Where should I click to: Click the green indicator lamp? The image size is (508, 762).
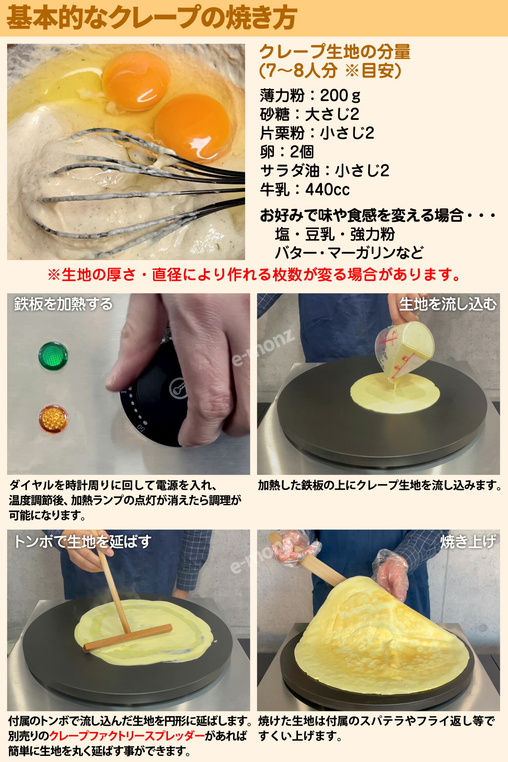tap(53, 356)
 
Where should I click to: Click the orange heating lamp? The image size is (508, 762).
tap(53, 419)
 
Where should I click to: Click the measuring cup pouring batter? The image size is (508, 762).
tap(405, 349)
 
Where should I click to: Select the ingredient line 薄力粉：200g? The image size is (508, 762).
tap(310, 96)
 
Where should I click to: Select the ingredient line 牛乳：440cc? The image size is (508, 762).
tap(305, 189)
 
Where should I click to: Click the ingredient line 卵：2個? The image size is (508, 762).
tap(287, 152)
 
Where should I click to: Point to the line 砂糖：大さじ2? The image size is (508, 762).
tap(309, 114)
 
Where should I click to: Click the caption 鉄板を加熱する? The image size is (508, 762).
tap(63, 304)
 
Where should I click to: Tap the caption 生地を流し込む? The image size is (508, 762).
tap(447, 304)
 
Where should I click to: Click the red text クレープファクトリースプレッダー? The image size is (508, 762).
tap(127, 736)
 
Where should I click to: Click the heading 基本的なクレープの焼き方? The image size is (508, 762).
tap(151, 18)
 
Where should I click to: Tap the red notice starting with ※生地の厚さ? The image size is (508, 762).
tap(254, 274)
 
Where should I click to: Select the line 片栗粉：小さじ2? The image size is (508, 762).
tap(317, 133)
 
